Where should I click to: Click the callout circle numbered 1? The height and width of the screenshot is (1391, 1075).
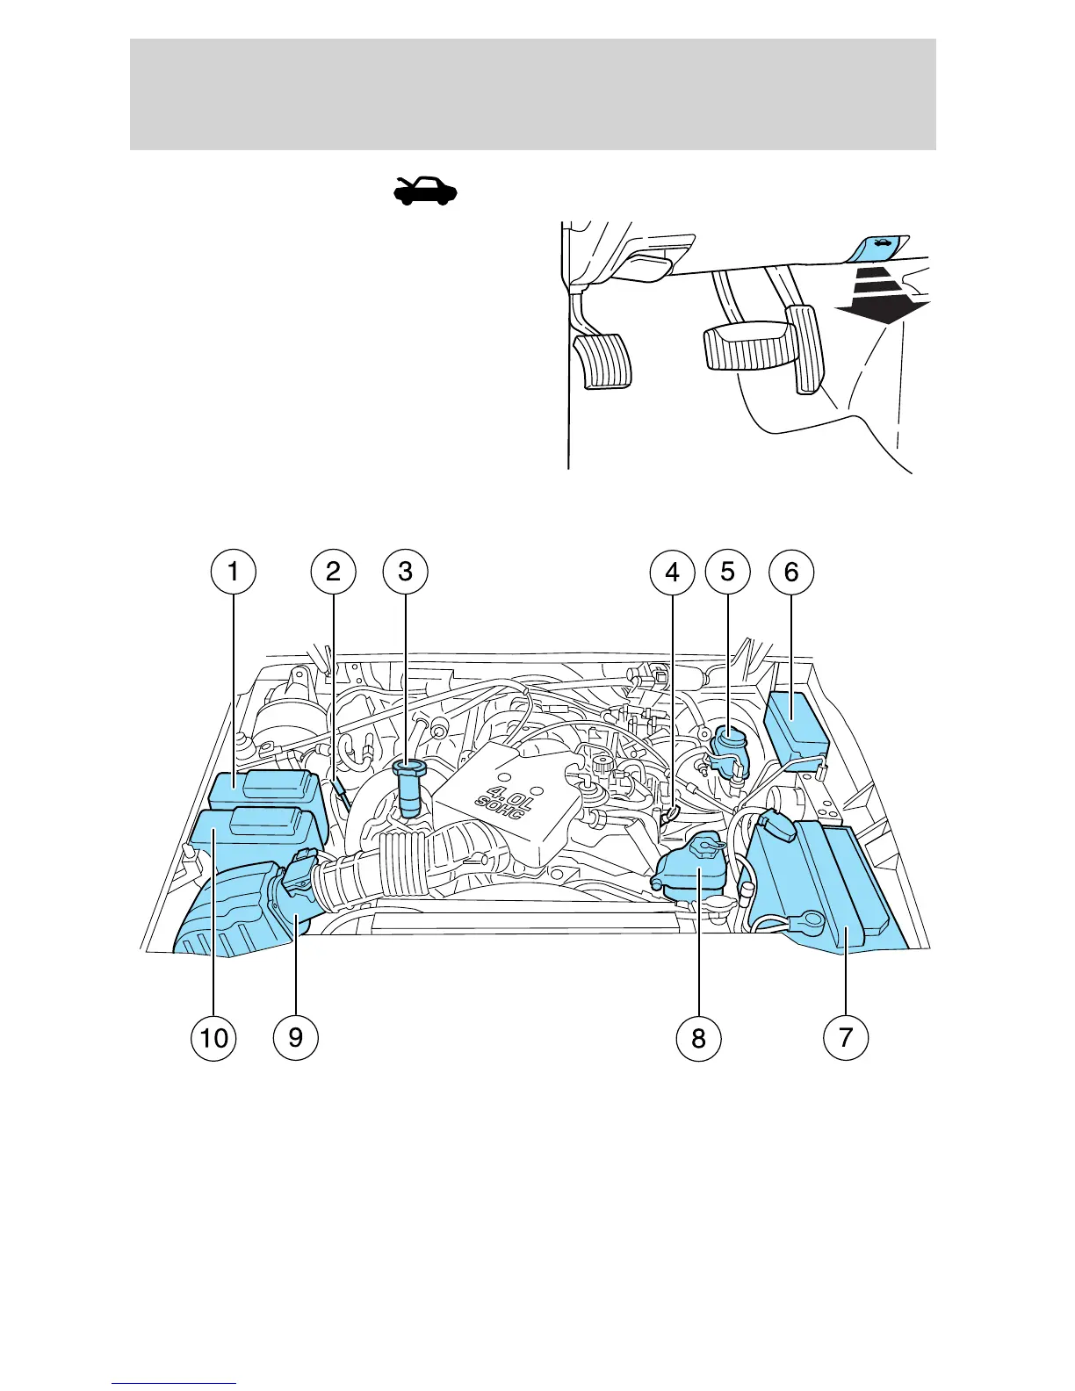233,572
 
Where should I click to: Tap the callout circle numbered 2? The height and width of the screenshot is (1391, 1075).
333,572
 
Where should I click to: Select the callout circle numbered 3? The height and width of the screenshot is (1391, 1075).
405,572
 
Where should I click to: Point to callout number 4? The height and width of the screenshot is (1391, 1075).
672,572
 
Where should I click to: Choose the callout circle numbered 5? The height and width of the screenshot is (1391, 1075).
728,572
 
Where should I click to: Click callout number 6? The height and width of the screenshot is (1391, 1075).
791,572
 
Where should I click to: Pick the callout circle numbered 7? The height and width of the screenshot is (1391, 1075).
846,1037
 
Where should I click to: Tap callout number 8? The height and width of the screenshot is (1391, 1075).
698,1037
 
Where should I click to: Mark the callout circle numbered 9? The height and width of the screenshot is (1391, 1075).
296,1037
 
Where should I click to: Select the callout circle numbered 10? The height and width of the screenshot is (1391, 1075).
213,1037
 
